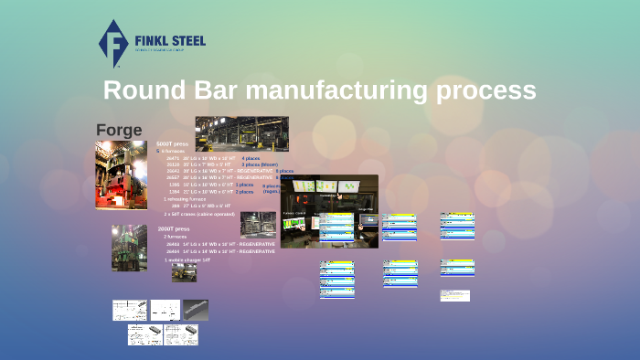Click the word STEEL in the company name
click(x=187, y=41)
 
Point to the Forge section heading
click(x=119, y=131)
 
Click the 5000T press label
click(x=173, y=144)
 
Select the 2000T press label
click(x=173, y=228)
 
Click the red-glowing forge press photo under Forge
click(x=121, y=175)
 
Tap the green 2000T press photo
click(x=129, y=247)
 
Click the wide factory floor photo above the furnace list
click(x=241, y=133)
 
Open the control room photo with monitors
click(x=329, y=211)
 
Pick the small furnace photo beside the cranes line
click(x=257, y=224)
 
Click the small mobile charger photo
click(x=184, y=272)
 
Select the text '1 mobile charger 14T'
click(x=187, y=259)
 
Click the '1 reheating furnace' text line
click(x=187, y=199)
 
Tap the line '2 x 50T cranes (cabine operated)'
click(x=199, y=213)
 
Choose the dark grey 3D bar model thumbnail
click(x=196, y=310)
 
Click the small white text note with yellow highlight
click(x=454, y=295)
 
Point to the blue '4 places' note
click(x=251, y=158)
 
